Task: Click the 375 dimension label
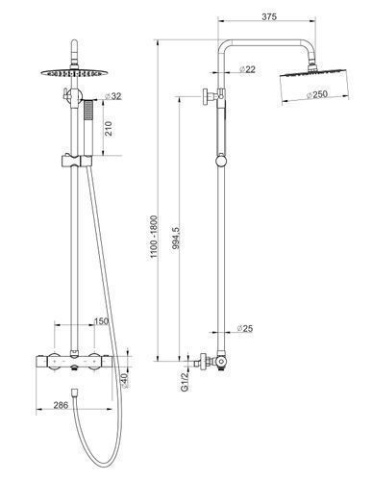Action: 269,16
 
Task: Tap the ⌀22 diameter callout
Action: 247,69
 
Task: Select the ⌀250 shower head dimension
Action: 317,94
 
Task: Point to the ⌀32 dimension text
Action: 113,96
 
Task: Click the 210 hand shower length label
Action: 109,128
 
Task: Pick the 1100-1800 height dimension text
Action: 154,237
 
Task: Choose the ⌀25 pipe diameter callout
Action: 245,328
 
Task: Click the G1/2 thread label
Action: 185,382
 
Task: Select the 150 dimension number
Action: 101,321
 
